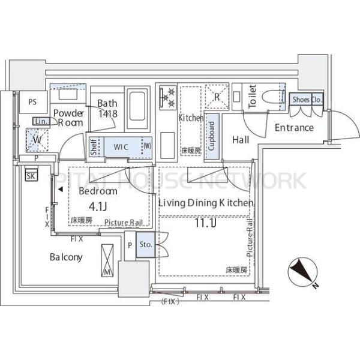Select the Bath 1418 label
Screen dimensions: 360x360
point(108,108)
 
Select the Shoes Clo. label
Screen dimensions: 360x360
point(306,99)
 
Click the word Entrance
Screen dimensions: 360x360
point(294,127)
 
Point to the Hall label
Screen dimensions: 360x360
point(241,140)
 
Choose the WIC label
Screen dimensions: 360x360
point(121,146)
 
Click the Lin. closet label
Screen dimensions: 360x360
point(41,122)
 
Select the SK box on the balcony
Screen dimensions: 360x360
point(29,175)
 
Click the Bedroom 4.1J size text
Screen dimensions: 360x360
point(97,208)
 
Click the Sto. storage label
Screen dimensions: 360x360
point(145,245)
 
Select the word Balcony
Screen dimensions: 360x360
point(66,257)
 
